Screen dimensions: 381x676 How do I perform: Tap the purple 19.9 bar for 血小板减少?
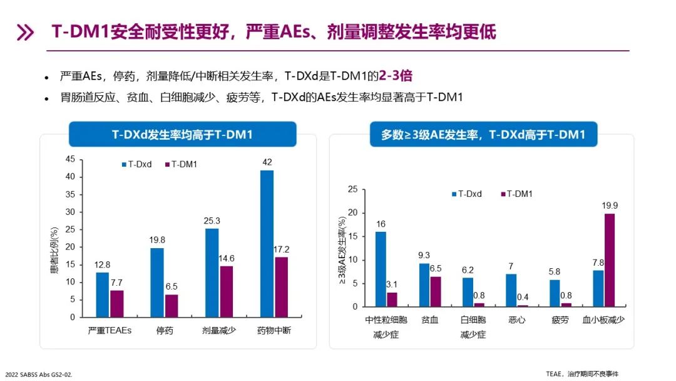pyautogui.click(x=610, y=260)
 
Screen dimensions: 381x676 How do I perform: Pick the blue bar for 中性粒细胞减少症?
pyautogui.click(x=381, y=269)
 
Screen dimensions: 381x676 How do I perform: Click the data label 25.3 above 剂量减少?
pyautogui.click(x=212, y=221)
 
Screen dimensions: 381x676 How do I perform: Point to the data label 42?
pyautogui.click(x=267, y=162)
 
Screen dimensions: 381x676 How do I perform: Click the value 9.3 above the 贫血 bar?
pyautogui.click(x=424, y=256)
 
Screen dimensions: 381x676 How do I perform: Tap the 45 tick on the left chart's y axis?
pyautogui.click(x=70, y=159)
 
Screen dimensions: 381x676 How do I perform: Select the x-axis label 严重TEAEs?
pyautogui.click(x=110, y=330)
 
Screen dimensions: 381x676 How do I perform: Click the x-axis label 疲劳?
pyautogui.click(x=560, y=320)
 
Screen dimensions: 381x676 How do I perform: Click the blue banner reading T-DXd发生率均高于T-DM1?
pyautogui.click(x=182, y=135)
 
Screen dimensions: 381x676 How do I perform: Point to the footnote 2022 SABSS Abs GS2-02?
pyautogui.click(x=39, y=374)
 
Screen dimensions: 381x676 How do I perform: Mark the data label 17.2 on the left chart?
pyautogui.click(x=281, y=249)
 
